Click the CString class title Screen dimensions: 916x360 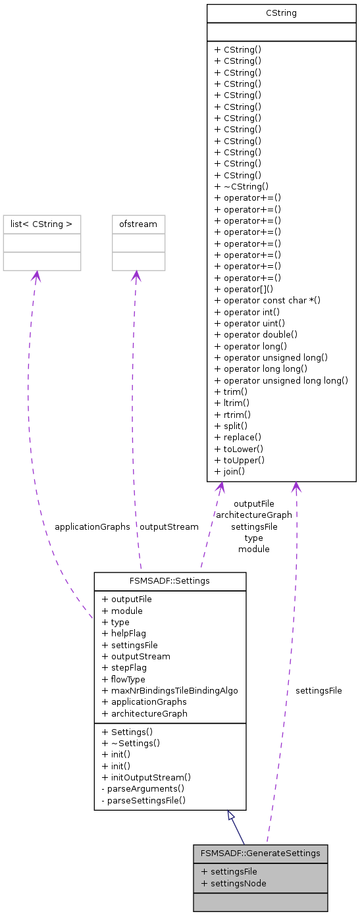pos(281,13)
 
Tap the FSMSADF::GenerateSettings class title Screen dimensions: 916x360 pos(260,853)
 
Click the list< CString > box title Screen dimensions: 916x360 pos(42,224)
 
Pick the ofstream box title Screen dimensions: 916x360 pos(138,224)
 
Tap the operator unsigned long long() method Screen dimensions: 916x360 pos(281,380)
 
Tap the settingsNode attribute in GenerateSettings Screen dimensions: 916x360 pos(234,883)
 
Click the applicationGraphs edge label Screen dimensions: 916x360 pos(92,526)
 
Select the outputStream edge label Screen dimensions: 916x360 pos(168,526)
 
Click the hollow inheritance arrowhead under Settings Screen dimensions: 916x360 pos(230,815)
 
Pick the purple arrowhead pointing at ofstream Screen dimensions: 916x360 pos(136,276)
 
